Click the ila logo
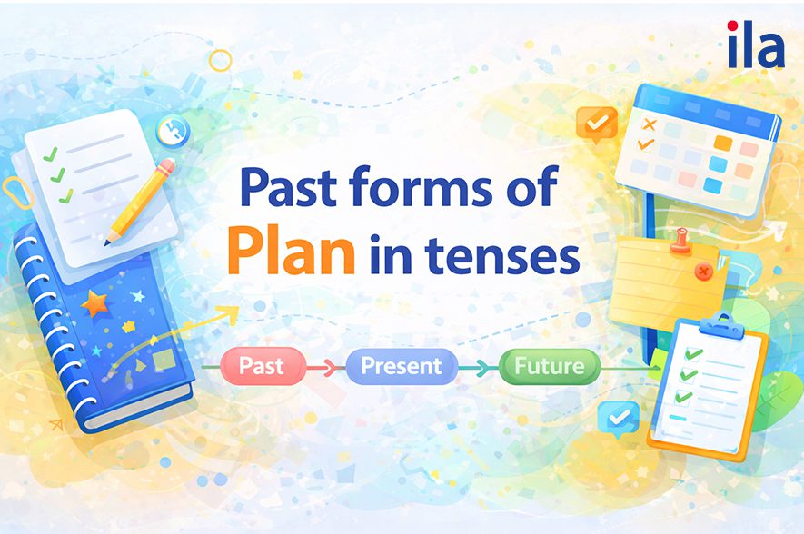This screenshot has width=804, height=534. pyautogui.click(x=754, y=46)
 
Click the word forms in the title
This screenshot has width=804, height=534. pyautogui.click(x=414, y=192)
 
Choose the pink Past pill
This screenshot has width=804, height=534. pyautogui.click(x=261, y=367)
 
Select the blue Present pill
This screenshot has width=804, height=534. pyautogui.click(x=400, y=367)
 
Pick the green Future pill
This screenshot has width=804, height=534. pyautogui.click(x=549, y=367)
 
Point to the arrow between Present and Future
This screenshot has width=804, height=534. pyautogui.click(x=475, y=368)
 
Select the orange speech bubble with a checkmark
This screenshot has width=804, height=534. pyautogui.click(x=596, y=123)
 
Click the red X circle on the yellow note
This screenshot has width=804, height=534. pyautogui.click(x=702, y=271)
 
